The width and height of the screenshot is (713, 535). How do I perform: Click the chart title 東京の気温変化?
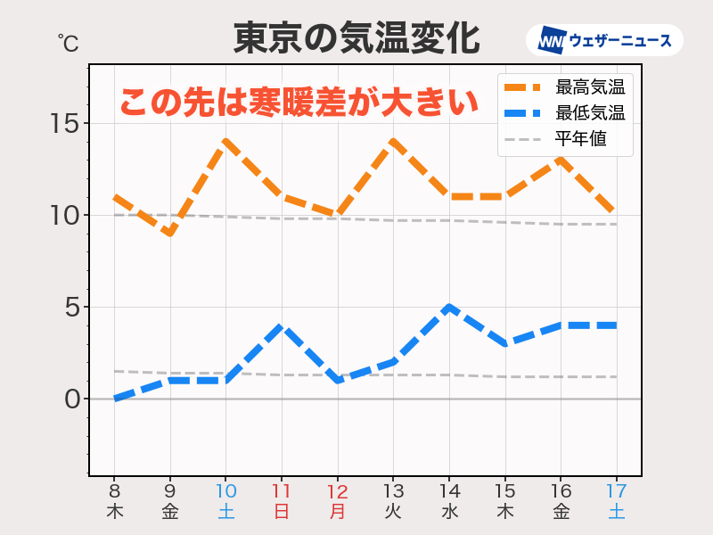point(356,39)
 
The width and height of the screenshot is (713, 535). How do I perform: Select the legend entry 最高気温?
point(589,87)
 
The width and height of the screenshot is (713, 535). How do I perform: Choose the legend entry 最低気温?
point(589,113)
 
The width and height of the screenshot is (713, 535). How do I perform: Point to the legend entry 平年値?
point(580,139)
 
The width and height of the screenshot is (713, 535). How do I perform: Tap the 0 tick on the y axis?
point(71,399)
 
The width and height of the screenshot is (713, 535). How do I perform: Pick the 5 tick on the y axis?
point(71,308)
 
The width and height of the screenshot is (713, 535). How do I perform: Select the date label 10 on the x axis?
point(225,491)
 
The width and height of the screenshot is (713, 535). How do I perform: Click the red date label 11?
point(282,491)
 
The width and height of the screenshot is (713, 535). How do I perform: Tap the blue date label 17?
point(616,491)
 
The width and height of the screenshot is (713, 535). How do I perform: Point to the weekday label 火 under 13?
point(393,512)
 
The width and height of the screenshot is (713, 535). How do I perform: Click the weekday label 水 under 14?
point(449,512)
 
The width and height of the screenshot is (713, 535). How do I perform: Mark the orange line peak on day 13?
point(393,141)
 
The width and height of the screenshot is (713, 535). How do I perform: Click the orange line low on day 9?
point(170,234)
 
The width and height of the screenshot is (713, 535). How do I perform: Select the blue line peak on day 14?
point(449,307)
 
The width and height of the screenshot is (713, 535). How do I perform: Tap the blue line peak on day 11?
point(282,325)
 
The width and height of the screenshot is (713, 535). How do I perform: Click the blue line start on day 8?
point(114,399)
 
